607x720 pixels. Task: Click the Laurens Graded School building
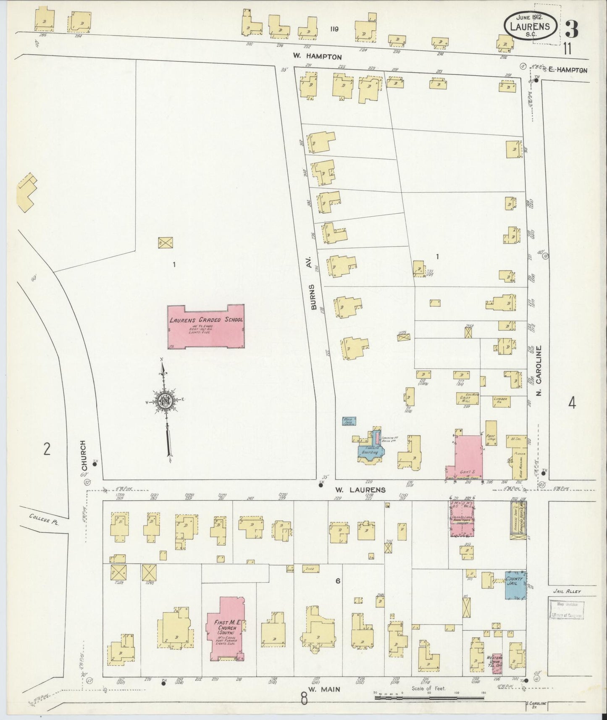(x=205, y=326)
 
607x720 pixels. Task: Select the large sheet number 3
(x=572, y=29)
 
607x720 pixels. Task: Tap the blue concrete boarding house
(x=371, y=449)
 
